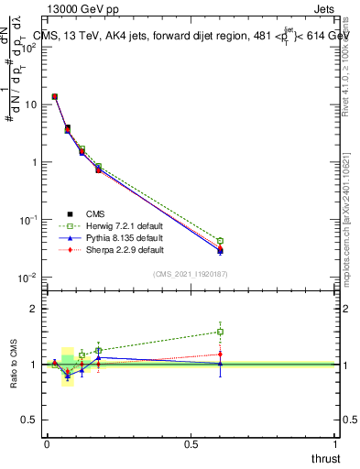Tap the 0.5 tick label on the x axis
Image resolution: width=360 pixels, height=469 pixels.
coord(191,444)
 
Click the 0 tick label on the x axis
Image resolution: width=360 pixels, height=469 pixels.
coord(47,444)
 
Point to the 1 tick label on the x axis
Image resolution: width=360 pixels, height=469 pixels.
coord(335,444)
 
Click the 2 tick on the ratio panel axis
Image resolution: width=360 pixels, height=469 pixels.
coord(33,309)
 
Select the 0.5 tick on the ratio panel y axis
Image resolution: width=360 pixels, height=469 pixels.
coord(29,420)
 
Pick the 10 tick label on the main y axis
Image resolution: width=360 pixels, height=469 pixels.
coord(30,104)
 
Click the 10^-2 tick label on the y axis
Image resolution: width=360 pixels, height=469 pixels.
coord(27,278)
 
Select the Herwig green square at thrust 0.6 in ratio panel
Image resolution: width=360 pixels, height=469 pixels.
coord(220,332)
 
